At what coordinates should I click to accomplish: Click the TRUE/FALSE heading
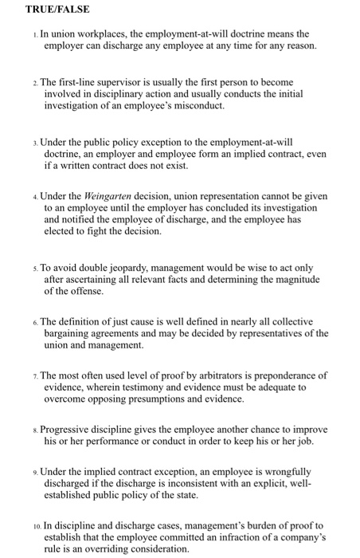point(57,10)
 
